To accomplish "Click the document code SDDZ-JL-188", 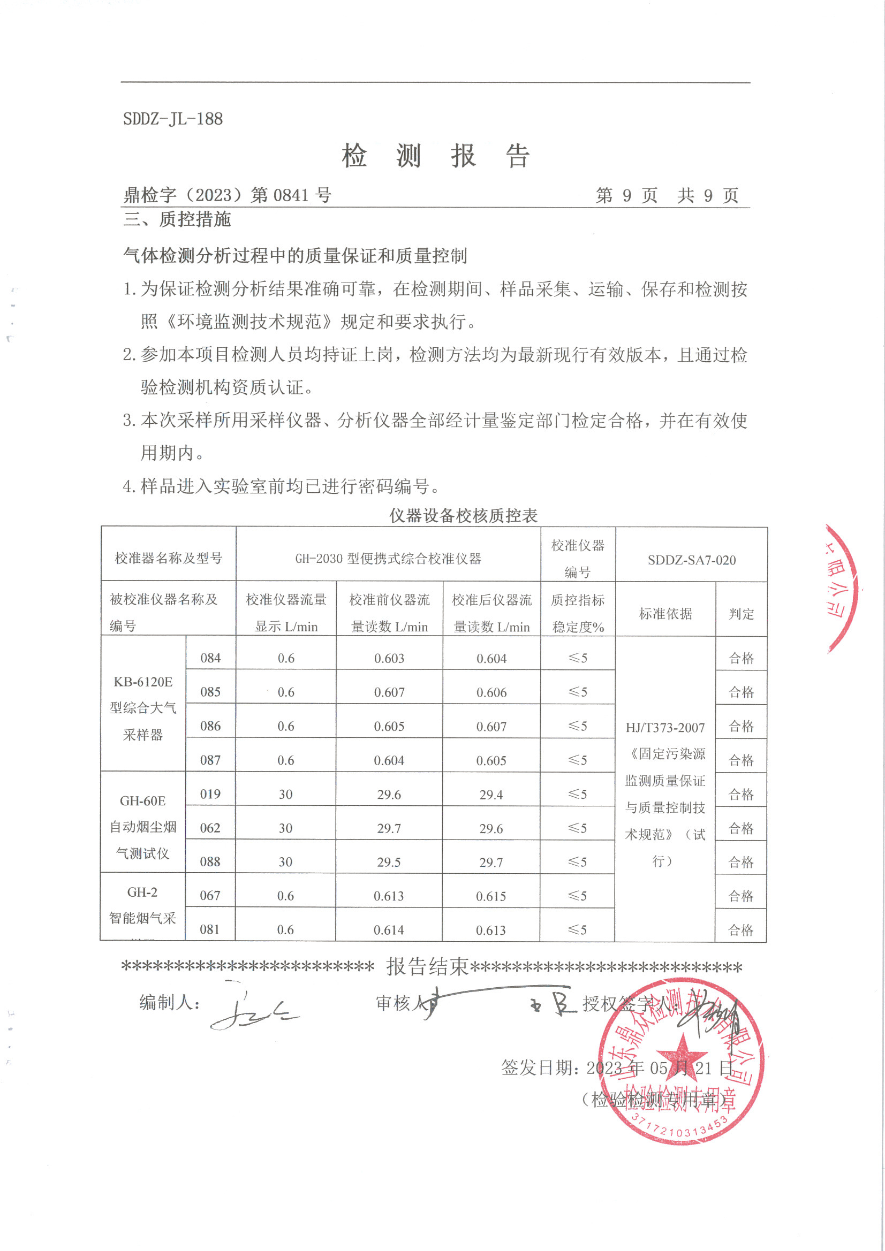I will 173,119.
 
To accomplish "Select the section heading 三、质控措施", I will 177,219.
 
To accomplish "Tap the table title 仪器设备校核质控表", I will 464,515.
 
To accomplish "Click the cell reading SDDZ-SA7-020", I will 691,560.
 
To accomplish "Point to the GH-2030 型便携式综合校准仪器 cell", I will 388,559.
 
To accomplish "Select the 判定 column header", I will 741,614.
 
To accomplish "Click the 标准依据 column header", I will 665,614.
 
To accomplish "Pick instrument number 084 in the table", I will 210,658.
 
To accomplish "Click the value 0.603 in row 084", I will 389,659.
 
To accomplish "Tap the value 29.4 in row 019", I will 491,795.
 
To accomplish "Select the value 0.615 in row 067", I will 491,896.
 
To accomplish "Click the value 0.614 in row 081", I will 389,930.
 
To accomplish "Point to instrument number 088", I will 210,862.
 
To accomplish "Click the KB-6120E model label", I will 143,682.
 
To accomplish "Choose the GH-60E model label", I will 143,801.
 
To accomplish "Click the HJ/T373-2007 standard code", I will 665,728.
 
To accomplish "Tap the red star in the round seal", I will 682,1053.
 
